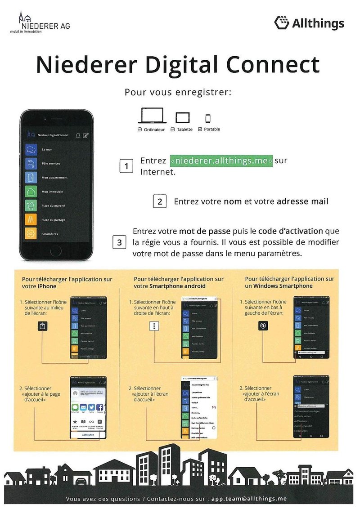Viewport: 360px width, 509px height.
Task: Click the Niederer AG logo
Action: [x=40, y=24]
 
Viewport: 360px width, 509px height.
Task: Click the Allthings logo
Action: [x=309, y=23]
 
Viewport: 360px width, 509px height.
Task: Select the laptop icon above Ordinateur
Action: [x=152, y=116]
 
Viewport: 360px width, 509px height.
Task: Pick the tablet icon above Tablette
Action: [x=182, y=118]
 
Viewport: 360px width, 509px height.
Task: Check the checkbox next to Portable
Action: [x=200, y=129]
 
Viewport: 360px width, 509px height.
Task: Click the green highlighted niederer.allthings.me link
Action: [x=221, y=161]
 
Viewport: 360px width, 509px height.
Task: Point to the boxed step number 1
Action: [x=126, y=166]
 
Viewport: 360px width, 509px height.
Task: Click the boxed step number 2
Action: [x=160, y=201]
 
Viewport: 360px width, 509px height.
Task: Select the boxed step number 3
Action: [x=119, y=243]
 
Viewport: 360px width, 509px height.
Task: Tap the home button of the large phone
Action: [x=57, y=250]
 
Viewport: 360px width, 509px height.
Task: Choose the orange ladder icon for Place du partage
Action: [x=31, y=220]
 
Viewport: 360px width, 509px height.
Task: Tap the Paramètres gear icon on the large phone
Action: [x=31, y=234]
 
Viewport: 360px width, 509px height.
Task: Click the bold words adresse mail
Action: [x=303, y=201]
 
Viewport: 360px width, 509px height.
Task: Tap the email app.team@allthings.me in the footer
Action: [x=249, y=499]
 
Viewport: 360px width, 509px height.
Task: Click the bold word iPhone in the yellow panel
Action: [x=46, y=286]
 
